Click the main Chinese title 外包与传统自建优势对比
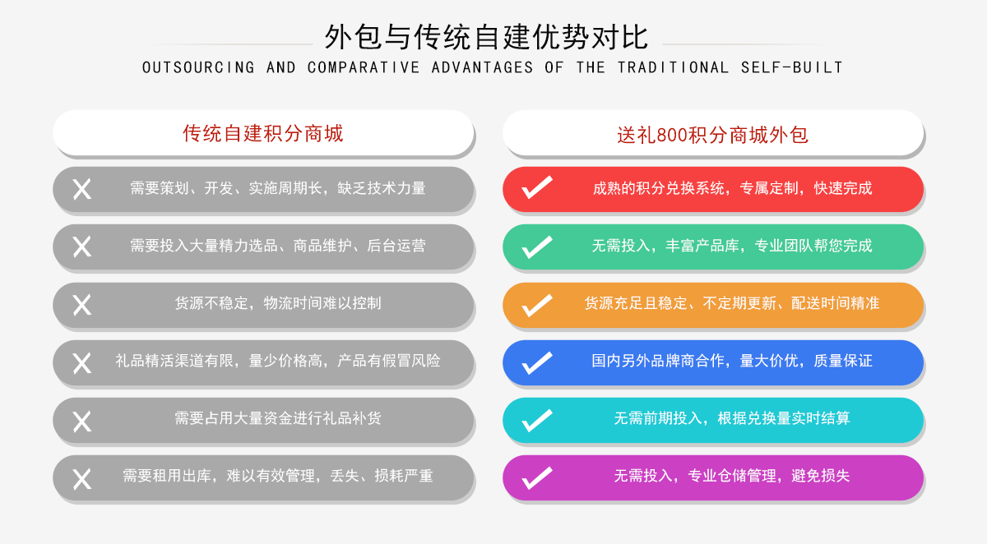click(x=486, y=37)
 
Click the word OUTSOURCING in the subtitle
click(x=198, y=67)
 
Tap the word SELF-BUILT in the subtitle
click(x=792, y=67)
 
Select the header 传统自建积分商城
click(x=263, y=133)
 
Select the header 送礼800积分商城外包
click(x=712, y=135)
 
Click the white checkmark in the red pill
click(x=536, y=187)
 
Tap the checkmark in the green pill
click(x=536, y=247)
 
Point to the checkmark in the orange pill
click(x=536, y=305)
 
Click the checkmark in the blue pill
click(x=536, y=362)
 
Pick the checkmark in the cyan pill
click(x=536, y=420)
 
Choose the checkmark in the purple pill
click(x=536, y=477)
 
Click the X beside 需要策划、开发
click(x=82, y=189)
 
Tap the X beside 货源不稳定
click(x=82, y=305)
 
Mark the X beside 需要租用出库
click(x=82, y=479)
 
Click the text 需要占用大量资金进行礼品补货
click(x=278, y=418)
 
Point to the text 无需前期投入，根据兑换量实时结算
click(x=732, y=418)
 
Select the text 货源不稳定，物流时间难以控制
click(x=278, y=303)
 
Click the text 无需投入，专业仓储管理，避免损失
click(x=732, y=476)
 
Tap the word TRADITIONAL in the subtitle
click(x=673, y=67)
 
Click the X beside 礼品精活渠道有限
click(x=82, y=363)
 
